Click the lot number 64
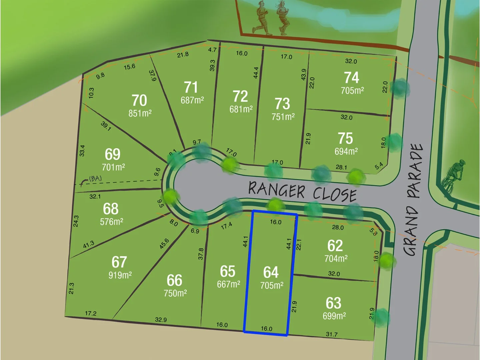tap(271, 272)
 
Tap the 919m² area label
tap(120, 275)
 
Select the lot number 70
tap(139, 100)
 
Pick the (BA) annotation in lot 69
tap(95, 179)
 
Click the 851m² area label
tap(140, 113)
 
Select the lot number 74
tap(351, 78)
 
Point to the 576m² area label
tap(112, 222)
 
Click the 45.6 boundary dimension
tap(164, 243)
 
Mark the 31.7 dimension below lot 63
tap(332, 334)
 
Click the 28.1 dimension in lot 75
tap(341, 167)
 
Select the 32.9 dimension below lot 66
tap(161, 320)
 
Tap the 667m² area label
tap(228, 284)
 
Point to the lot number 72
tap(240, 97)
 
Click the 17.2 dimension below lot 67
tap(91, 313)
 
